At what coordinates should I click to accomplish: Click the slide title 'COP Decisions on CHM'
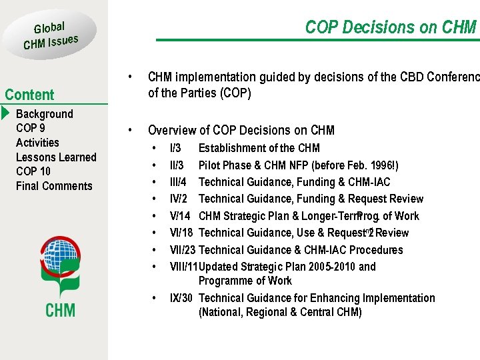391,27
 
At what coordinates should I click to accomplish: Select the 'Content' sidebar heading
29,95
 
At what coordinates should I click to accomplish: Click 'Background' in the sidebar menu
44,114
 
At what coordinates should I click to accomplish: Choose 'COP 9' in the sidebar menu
31,128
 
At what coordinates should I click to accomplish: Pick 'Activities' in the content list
37,143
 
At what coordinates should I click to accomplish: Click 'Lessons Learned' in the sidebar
56,157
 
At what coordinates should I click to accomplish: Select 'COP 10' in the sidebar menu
33,171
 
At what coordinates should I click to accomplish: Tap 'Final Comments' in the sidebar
54,186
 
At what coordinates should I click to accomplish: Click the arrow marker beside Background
6,113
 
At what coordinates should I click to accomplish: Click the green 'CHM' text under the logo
60,309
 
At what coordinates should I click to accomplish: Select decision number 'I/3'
175,148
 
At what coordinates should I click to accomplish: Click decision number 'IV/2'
179,199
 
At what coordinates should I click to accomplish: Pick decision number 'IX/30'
181,298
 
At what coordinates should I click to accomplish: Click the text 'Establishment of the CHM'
259,148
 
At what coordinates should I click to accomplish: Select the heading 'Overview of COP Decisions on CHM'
241,130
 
